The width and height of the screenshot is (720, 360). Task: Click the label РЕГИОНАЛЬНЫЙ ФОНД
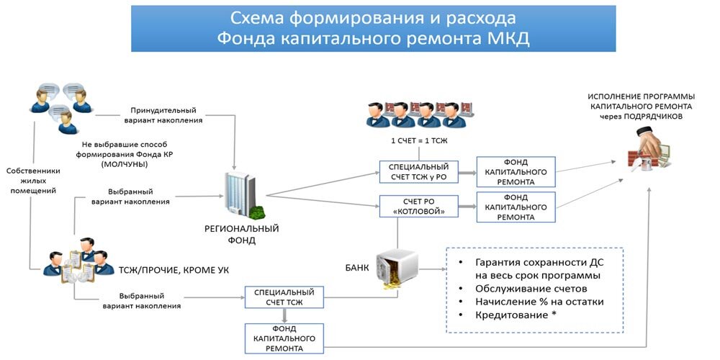(242, 235)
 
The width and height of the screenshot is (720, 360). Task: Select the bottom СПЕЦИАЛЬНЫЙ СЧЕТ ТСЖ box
(284, 297)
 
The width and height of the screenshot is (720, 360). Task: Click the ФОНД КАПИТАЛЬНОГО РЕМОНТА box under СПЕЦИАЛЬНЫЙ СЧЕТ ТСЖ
(284, 338)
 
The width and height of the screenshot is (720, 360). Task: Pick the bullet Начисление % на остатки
(539, 302)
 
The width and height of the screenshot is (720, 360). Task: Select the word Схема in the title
(264, 18)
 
